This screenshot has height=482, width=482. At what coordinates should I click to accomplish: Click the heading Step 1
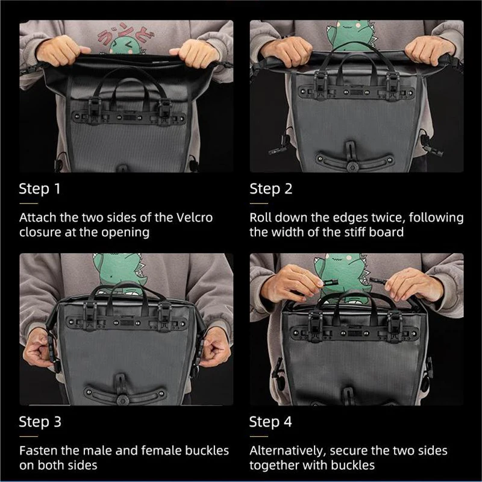(40, 189)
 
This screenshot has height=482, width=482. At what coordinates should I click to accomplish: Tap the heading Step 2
(271, 189)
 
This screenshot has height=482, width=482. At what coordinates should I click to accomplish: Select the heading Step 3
(40, 422)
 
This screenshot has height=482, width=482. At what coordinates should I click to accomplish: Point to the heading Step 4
(271, 422)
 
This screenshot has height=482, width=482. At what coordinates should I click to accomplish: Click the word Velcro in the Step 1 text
(195, 218)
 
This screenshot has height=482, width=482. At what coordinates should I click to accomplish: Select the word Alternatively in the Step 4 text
(288, 451)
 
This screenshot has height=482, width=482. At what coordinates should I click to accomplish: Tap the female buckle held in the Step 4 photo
(330, 282)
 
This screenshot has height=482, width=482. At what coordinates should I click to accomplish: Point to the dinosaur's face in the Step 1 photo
(124, 45)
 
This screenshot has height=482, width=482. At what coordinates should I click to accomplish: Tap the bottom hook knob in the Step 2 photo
(352, 167)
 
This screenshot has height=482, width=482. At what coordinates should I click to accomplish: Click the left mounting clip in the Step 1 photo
(95, 111)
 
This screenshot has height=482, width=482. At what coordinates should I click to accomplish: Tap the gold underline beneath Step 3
(28, 436)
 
